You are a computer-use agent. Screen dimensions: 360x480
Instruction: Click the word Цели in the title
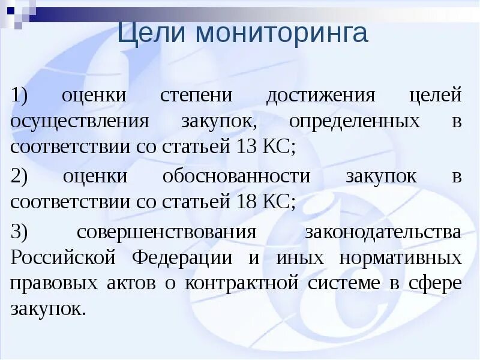(x=149, y=34)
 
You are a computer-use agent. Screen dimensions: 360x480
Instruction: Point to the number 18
(x=242, y=202)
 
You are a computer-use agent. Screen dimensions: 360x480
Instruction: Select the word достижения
(x=321, y=95)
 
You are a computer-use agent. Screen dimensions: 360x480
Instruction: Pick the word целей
(x=436, y=95)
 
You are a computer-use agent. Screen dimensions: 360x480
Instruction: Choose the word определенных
(x=354, y=121)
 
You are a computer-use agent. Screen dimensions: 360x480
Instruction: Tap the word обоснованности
(x=236, y=176)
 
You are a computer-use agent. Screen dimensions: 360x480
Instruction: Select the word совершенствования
(x=166, y=232)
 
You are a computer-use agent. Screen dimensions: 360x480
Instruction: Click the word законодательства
(x=383, y=232)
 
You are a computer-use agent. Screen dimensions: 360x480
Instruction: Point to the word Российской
(x=62, y=258)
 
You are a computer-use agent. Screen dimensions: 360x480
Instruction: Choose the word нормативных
(x=400, y=258)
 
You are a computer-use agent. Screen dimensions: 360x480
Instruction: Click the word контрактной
(x=242, y=283)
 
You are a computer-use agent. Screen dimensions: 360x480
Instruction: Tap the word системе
(x=346, y=283)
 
